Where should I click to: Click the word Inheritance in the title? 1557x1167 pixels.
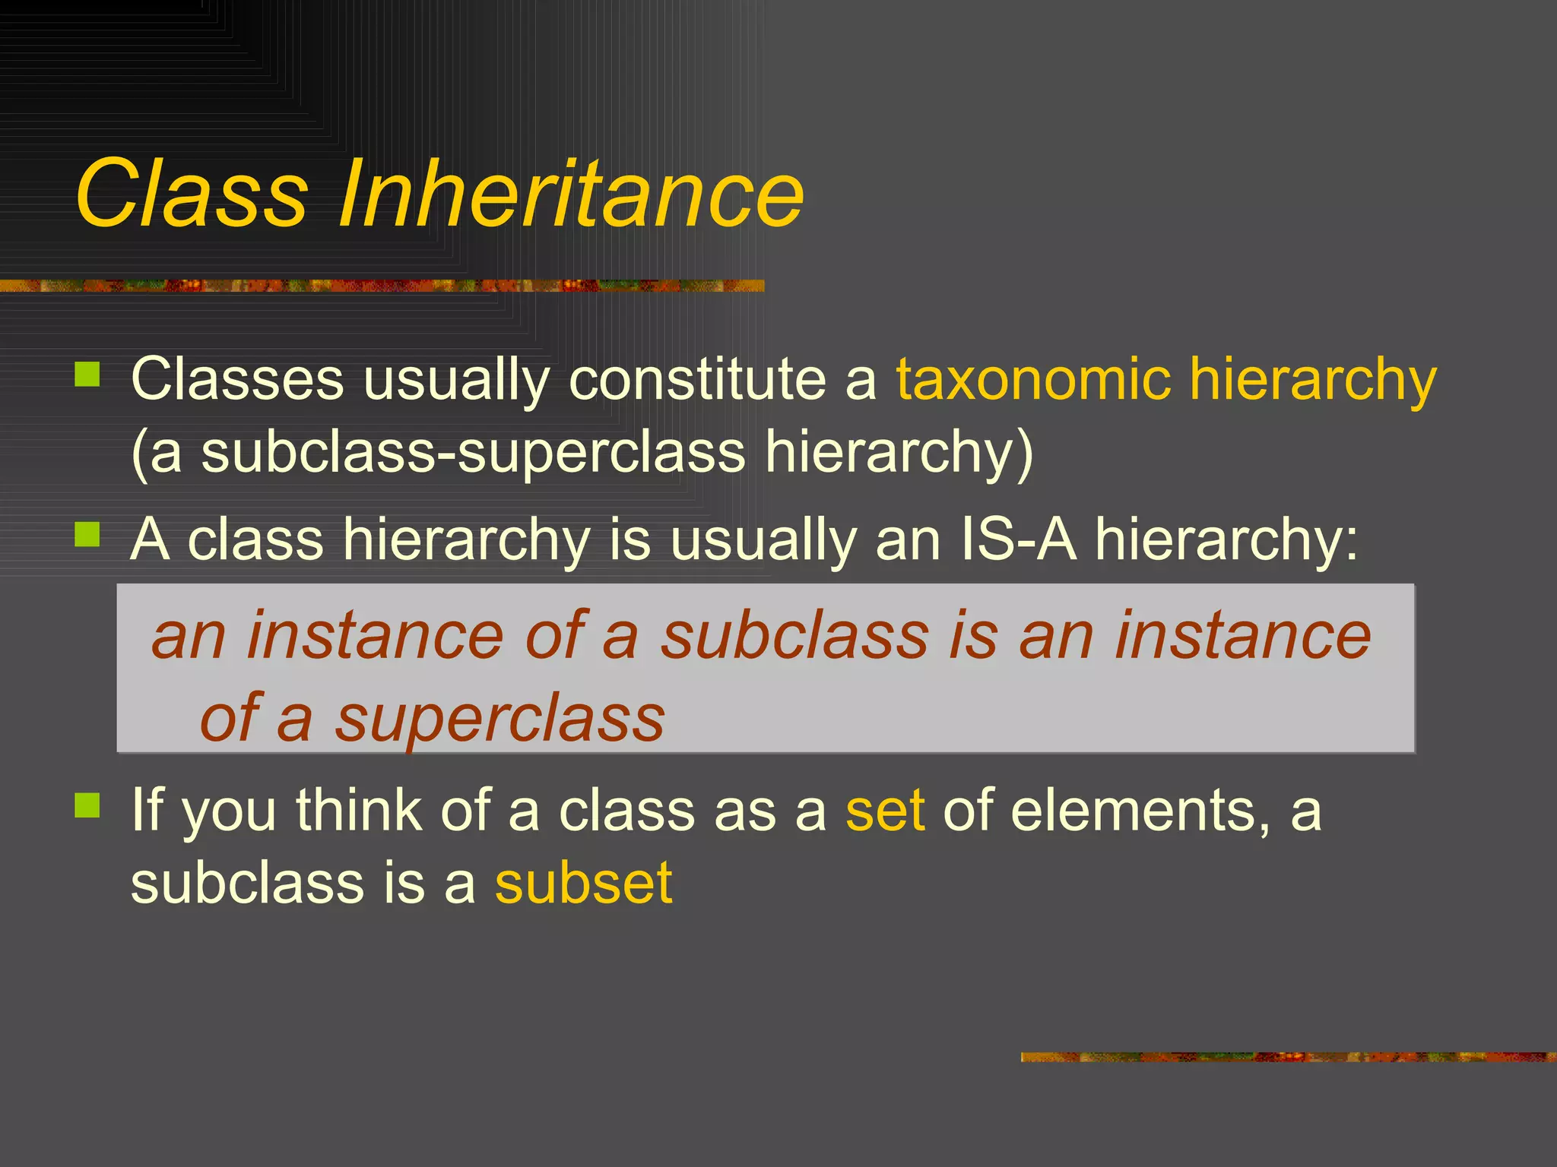570,193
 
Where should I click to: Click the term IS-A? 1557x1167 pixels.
1018,540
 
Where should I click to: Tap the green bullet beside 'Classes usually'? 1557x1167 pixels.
87,375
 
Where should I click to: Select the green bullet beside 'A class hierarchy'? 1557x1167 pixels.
87,535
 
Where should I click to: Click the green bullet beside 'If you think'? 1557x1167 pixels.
87,805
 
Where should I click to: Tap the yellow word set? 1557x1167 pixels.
885,811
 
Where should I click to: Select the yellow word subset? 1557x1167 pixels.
583,884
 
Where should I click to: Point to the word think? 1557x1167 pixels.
358,811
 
